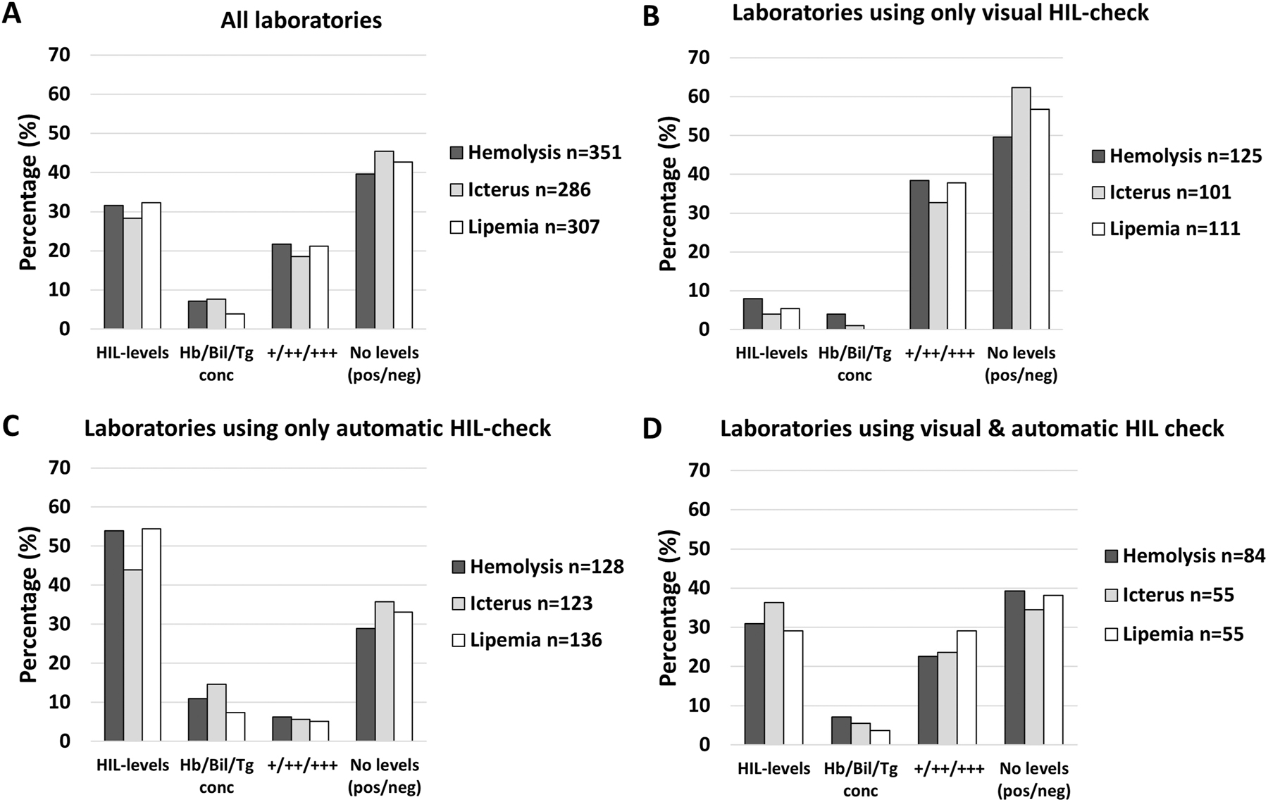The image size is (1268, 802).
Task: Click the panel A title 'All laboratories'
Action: point(301,20)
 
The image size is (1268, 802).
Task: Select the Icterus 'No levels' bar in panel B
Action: point(1021,208)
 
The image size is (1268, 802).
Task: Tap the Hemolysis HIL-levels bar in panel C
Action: point(114,636)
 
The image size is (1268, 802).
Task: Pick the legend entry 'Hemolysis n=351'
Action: point(535,153)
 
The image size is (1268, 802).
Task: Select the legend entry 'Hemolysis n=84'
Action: point(1183,556)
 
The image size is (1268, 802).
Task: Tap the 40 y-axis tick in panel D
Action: point(700,588)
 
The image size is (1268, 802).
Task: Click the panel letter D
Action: point(652,427)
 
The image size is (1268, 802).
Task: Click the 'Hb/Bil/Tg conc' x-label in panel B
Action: point(854,364)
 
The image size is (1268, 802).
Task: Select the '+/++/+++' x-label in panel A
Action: point(300,353)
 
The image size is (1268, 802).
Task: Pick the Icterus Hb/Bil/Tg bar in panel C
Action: point(216,713)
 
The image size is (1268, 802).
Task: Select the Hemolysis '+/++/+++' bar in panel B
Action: point(919,255)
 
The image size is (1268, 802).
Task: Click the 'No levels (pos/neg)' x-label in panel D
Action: point(1033,779)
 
